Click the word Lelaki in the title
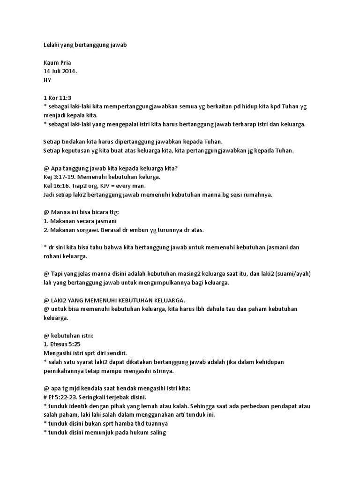click(46, 45)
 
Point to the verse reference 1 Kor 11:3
click(54, 98)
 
